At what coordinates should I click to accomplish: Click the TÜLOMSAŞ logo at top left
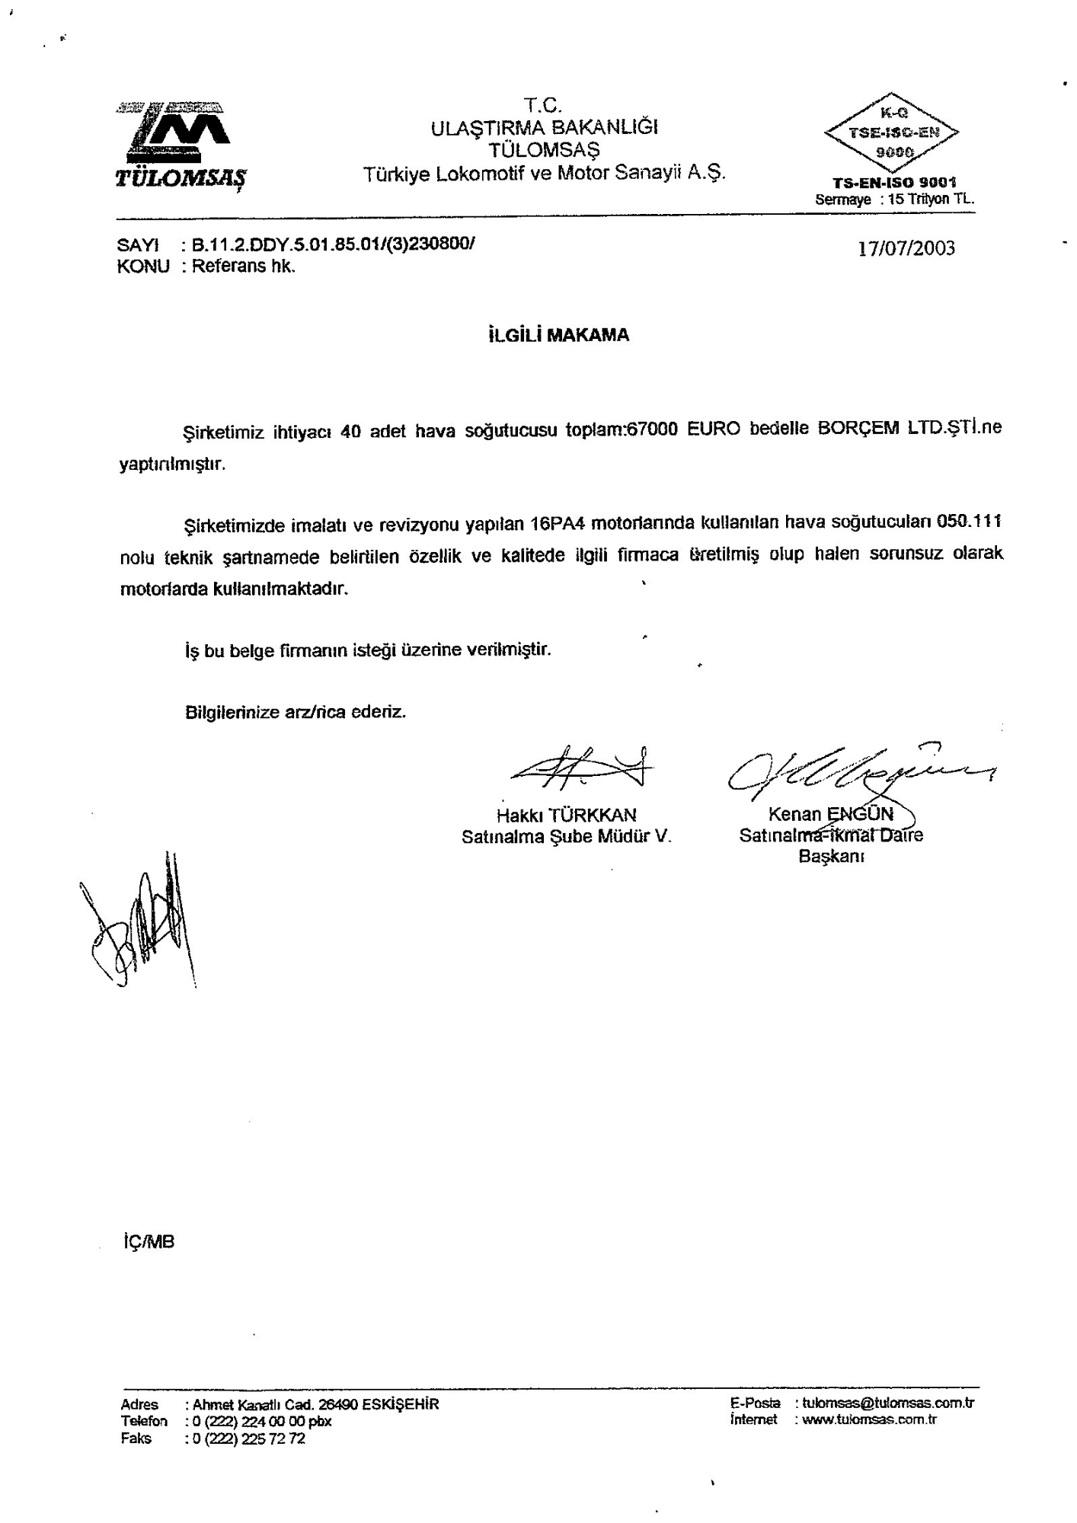(x=181, y=142)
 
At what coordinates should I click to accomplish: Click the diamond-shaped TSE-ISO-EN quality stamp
(x=890, y=133)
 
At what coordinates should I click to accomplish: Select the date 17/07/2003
(x=906, y=249)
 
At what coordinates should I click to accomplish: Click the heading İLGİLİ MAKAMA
(x=558, y=335)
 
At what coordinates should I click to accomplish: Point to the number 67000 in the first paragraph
(x=652, y=429)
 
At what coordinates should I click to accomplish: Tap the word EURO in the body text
(x=714, y=429)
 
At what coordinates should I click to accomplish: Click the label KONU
(x=142, y=267)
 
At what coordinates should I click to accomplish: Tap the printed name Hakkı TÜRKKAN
(x=566, y=815)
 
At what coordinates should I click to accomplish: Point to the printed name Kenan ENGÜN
(x=830, y=813)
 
